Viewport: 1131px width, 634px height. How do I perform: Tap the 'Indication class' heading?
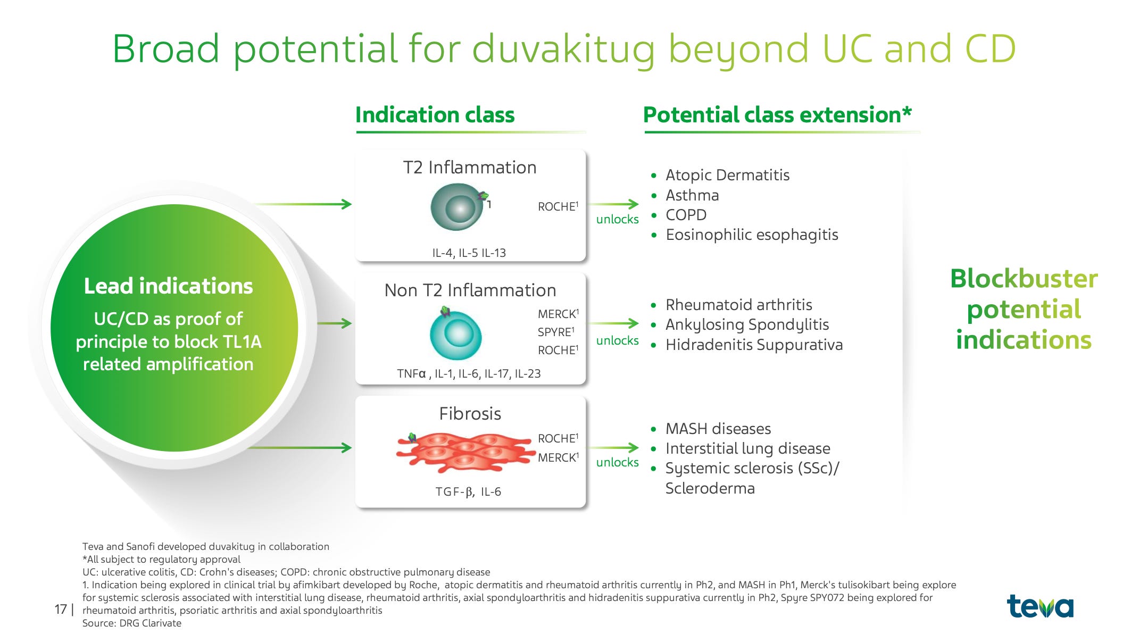pyautogui.click(x=435, y=115)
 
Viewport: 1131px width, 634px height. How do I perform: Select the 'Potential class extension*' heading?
pyautogui.click(x=777, y=115)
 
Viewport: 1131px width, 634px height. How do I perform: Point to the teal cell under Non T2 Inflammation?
pyautogui.click(x=455, y=334)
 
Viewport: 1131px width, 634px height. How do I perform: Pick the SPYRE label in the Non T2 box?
pyautogui.click(x=556, y=332)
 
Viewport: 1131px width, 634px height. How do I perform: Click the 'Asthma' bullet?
pyautogui.click(x=692, y=195)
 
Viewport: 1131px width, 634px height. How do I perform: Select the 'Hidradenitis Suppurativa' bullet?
pyautogui.click(x=754, y=345)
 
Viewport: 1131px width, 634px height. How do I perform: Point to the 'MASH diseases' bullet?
pyautogui.click(x=718, y=429)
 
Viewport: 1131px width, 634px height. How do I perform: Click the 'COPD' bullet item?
pyautogui.click(x=686, y=215)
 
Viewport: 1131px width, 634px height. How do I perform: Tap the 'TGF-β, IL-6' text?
pyautogui.click(x=468, y=492)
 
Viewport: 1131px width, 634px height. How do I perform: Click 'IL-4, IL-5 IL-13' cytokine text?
pyautogui.click(x=469, y=253)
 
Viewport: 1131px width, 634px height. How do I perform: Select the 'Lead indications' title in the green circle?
pyautogui.click(x=168, y=286)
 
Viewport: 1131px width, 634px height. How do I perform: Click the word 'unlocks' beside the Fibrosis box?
pyautogui.click(x=617, y=462)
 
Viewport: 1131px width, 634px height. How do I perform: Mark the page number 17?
pyautogui.click(x=61, y=609)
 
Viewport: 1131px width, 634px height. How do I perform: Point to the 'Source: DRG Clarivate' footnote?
pyautogui.click(x=131, y=623)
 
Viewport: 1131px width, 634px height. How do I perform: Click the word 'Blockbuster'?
pyautogui.click(x=1024, y=279)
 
